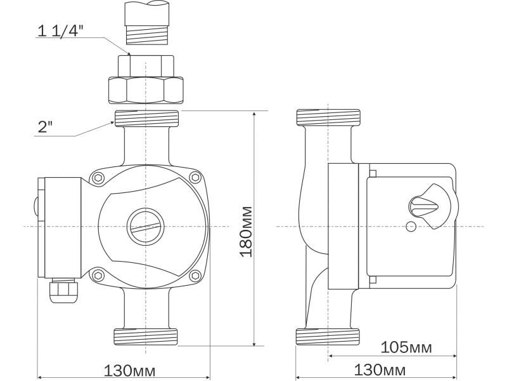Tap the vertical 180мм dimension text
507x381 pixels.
click(246, 231)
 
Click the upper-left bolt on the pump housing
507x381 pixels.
click(98, 178)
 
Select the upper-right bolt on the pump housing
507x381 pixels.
click(194, 178)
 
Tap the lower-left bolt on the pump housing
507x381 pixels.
click(98, 275)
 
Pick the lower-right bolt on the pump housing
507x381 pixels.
click(194, 275)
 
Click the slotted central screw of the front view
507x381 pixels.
click(146, 227)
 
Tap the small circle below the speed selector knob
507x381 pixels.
click(411, 227)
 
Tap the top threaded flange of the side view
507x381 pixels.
click(329, 118)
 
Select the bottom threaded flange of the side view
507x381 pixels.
click(329, 337)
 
